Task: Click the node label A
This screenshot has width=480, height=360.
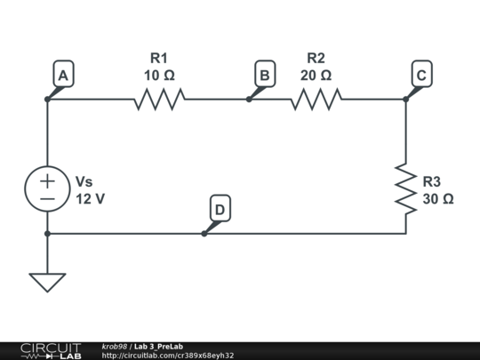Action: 62,76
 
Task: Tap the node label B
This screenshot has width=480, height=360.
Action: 263,76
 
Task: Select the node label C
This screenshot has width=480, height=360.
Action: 421,76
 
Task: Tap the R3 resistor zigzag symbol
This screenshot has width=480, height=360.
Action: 405,188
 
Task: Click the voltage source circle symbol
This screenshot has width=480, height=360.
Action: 47,189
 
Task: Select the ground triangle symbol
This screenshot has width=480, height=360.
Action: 47,282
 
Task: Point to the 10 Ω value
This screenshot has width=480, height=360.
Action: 159,76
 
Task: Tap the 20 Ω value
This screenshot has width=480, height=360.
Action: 316,76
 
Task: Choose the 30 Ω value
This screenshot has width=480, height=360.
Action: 438,199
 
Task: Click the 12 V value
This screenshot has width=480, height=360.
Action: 90,199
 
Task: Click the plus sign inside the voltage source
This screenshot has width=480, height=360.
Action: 47,180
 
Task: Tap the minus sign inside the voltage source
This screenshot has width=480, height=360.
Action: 47,199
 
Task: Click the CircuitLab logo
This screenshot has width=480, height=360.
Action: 51,350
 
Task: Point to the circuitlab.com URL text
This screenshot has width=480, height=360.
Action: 168,356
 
